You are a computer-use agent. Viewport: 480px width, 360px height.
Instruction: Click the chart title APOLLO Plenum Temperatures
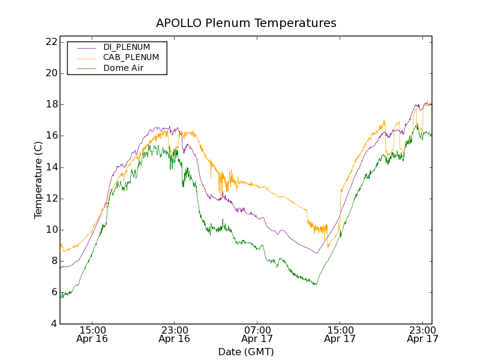(246, 23)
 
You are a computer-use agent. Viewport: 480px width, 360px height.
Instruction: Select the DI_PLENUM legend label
(127, 47)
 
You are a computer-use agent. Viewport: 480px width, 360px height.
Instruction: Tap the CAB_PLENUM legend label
(131, 58)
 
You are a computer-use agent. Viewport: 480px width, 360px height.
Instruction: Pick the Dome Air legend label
(124, 68)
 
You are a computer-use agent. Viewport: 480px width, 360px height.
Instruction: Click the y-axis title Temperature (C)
(38, 179)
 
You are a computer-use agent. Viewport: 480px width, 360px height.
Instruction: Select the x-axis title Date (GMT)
(246, 352)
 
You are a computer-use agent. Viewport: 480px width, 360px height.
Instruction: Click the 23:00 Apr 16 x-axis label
(174, 334)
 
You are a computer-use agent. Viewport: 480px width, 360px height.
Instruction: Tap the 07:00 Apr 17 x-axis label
(257, 334)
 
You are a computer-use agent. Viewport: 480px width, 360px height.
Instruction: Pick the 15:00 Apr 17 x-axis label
(340, 334)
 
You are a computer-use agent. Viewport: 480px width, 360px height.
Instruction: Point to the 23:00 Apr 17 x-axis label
(422, 334)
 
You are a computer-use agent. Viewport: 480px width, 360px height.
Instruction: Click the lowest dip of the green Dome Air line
(61, 298)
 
